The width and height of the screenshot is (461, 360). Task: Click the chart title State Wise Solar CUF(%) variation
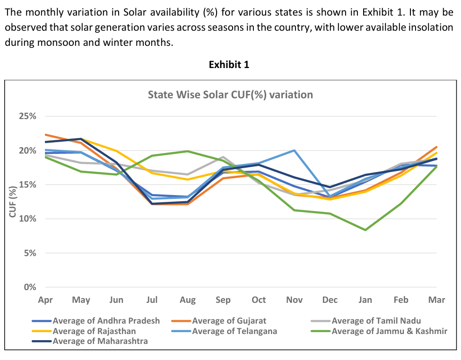point(230,94)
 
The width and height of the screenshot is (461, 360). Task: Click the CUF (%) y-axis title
point(13,202)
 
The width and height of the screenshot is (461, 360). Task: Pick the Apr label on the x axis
point(45,300)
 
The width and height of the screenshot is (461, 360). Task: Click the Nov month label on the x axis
point(294,300)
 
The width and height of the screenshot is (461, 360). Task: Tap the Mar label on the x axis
point(436,300)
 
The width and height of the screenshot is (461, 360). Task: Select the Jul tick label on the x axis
point(152,300)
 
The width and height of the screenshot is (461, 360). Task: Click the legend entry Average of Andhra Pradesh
point(106,321)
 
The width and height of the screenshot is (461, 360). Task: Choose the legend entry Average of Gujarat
point(229,321)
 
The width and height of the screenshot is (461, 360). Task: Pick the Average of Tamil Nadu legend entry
point(376,321)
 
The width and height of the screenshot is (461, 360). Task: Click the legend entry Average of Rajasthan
point(94,331)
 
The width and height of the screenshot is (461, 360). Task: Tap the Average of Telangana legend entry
point(234,331)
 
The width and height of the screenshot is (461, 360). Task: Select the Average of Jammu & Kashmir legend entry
point(389,331)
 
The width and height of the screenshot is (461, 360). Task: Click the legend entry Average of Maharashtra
point(100,341)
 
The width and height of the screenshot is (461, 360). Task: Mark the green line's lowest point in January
point(365,230)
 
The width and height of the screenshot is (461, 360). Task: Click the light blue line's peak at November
point(294,150)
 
